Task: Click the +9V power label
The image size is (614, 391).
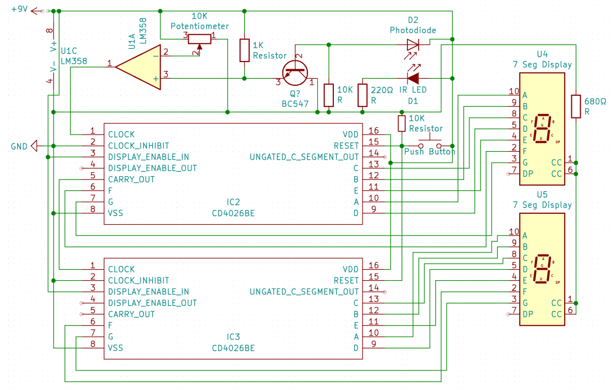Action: pyautogui.click(x=19, y=10)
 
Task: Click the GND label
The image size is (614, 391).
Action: pyautogui.click(x=19, y=146)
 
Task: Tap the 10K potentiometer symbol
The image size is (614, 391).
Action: pyautogui.click(x=199, y=38)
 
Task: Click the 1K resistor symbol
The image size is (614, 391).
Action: pyautogui.click(x=244, y=50)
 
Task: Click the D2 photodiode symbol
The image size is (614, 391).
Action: pyautogui.click(x=413, y=44)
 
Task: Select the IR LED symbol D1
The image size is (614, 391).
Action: pyautogui.click(x=413, y=78)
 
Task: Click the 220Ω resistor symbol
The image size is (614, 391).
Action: pyautogui.click(x=363, y=95)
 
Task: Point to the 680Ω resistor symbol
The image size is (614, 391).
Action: pyautogui.click(x=576, y=106)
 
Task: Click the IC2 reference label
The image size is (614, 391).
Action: pyautogui.click(x=233, y=202)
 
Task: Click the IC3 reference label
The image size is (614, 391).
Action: pyautogui.click(x=233, y=337)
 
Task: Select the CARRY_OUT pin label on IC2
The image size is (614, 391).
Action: pyautogui.click(x=131, y=179)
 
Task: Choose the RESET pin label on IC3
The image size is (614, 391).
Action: pyautogui.click(x=346, y=281)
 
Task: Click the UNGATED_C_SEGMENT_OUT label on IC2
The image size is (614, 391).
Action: pyautogui.click(x=304, y=157)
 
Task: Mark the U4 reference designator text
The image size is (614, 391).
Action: pyautogui.click(x=542, y=54)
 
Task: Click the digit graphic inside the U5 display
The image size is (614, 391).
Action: pyautogui.click(x=543, y=269)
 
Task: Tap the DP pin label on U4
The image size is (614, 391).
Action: pyautogui.click(x=527, y=174)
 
